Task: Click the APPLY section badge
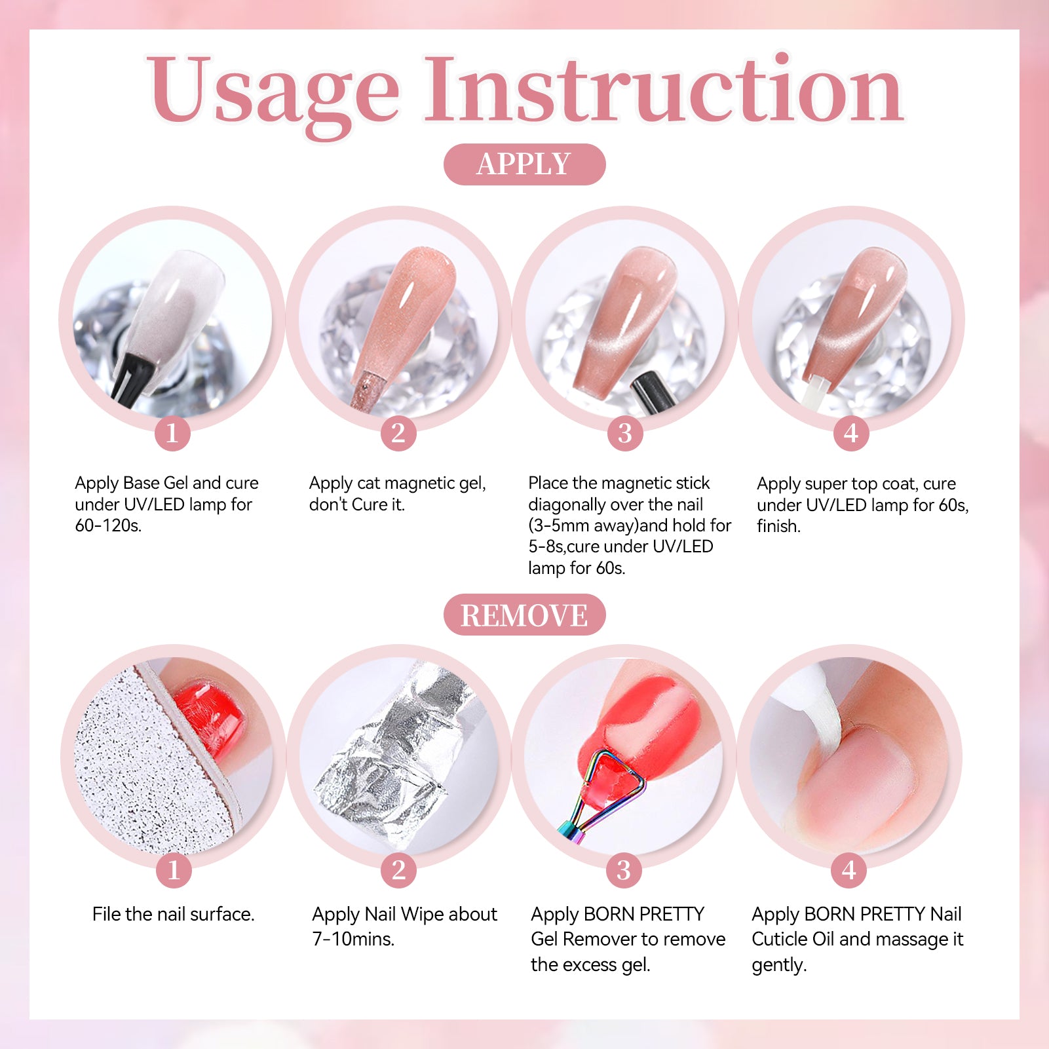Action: click(x=524, y=164)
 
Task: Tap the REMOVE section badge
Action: click(x=524, y=615)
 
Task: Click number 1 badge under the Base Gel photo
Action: click(x=172, y=433)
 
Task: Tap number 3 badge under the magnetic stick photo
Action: click(x=625, y=433)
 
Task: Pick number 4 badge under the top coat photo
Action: click(x=851, y=433)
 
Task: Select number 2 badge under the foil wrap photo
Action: click(x=398, y=870)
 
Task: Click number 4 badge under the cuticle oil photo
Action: click(x=849, y=870)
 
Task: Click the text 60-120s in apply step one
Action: click(x=108, y=525)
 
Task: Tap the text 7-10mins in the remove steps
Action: click(x=353, y=939)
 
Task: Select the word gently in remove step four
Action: click(x=779, y=966)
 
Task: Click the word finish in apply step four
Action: click(x=778, y=526)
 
